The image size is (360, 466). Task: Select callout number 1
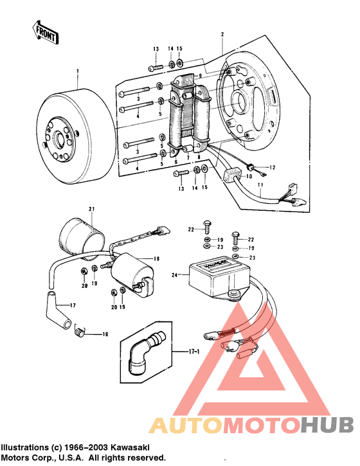[76, 71]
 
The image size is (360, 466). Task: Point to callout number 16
[105, 334]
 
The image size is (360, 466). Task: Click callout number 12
[272, 167]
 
